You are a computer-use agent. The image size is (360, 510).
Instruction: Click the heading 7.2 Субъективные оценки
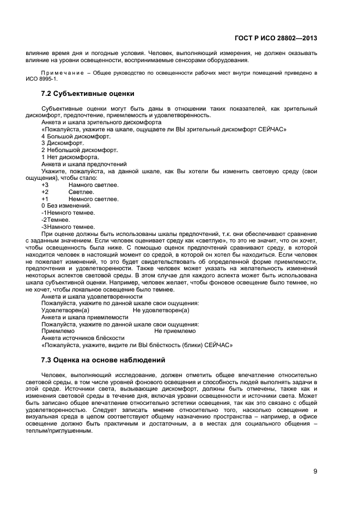[88, 94]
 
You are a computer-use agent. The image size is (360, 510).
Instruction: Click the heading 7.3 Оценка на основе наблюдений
[103, 360]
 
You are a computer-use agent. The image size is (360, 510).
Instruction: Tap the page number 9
[315, 471]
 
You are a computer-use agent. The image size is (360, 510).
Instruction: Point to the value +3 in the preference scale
[45, 185]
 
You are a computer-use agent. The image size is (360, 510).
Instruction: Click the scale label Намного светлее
[93, 185]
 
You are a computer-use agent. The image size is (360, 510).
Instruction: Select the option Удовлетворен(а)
[65, 310]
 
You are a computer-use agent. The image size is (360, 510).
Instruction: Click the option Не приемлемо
[175, 331]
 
